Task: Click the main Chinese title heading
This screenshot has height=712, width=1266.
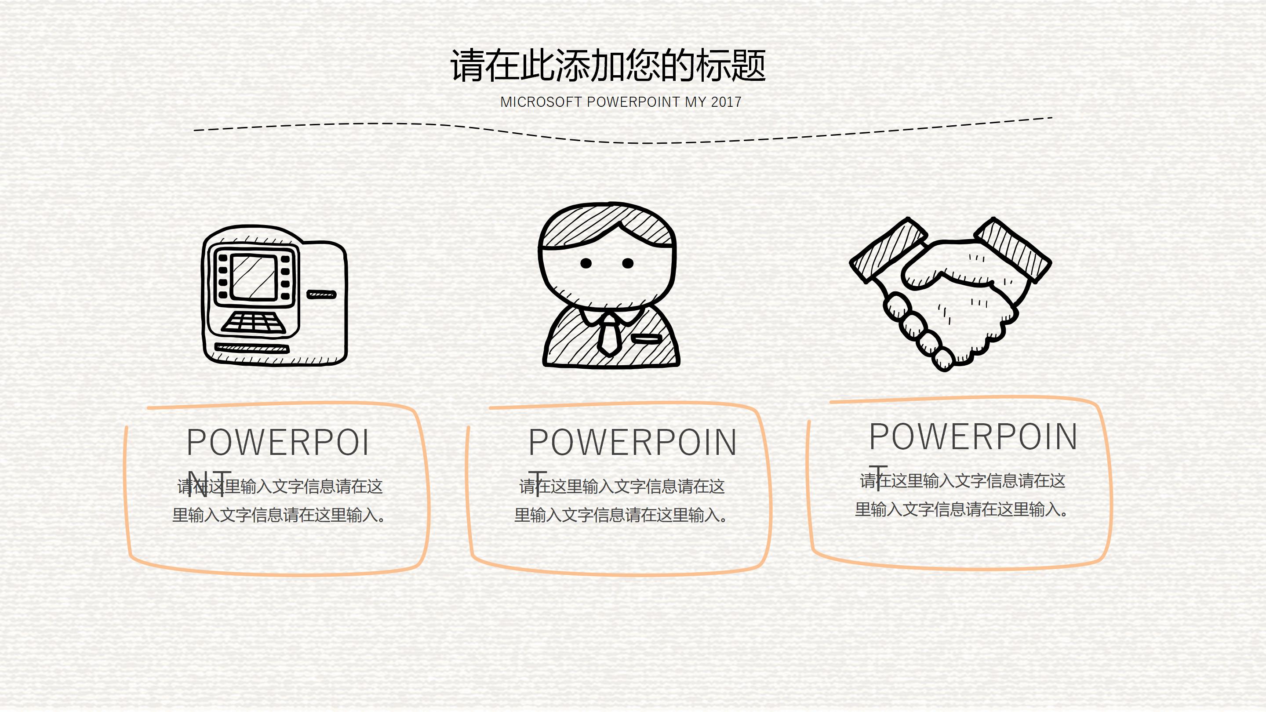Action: pyautogui.click(x=608, y=65)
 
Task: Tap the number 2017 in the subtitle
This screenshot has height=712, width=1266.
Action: pyautogui.click(x=726, y=102)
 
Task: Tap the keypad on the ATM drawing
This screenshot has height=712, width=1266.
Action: pyautogui.click(x=254, y=323)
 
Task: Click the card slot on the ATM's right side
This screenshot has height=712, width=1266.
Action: pyautogui.click(x=321, y=294)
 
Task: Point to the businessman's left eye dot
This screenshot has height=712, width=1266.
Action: pyautogui.click(x=586, y=263)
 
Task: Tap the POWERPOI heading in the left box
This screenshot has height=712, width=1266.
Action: pyautogui.click(x=278, y=442)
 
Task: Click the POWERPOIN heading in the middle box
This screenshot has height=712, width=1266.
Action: pyautogui.click(x=633, y=442)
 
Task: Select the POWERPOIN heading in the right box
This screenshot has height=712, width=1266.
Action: pyautogui.click(x=973, y=436)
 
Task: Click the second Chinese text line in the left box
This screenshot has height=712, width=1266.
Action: pyautogui.click(x=279, y=516)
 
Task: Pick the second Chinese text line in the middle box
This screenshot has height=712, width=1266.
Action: pyautogui.click(x=621, y=516)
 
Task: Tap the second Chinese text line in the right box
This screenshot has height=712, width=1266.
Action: pyautogui.click(x=961, y=509)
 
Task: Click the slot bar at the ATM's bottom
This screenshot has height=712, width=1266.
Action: pyautogui.click(x=252, y=349)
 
